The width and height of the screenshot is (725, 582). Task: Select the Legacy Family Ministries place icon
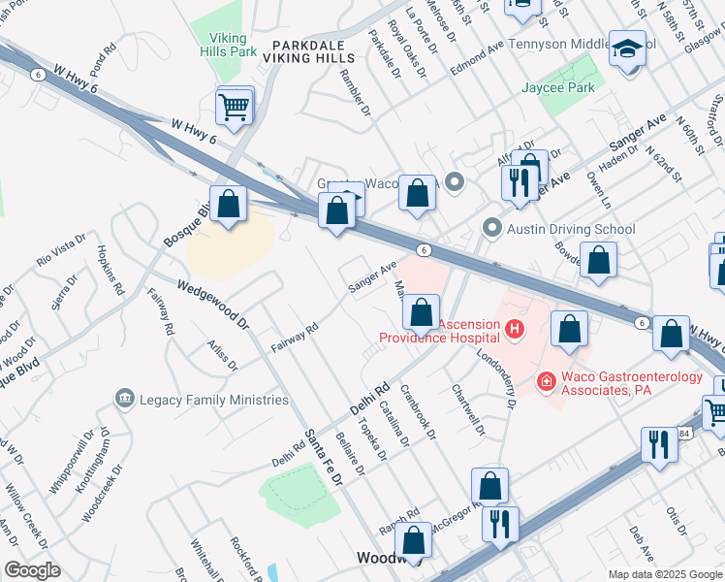click(124, 399)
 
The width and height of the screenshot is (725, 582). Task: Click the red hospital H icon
click(514, 331)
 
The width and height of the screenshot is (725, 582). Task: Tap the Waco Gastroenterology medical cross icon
click(547, 382)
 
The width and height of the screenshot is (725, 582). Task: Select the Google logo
click(32, 570)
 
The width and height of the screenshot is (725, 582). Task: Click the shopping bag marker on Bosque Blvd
click(229, 205)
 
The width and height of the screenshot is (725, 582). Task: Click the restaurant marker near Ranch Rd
click(500, 524)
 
